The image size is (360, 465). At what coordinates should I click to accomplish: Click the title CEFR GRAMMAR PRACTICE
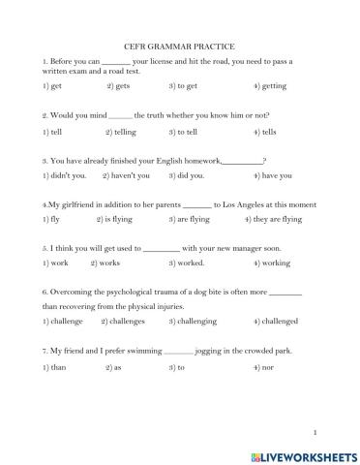click(x=179, y=46)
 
